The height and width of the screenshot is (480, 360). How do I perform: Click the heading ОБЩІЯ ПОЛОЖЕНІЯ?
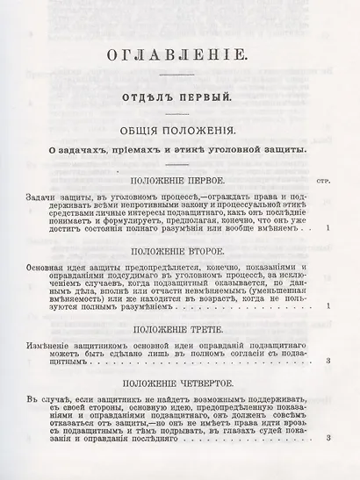coord(176,132)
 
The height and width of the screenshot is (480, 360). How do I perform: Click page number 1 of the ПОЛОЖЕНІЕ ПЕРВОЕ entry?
coord(327,229)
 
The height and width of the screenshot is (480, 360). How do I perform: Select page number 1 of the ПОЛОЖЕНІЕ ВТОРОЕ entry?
coord(327,305)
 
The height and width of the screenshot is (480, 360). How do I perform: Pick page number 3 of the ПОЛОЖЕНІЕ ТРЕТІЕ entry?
coord(327,361)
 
